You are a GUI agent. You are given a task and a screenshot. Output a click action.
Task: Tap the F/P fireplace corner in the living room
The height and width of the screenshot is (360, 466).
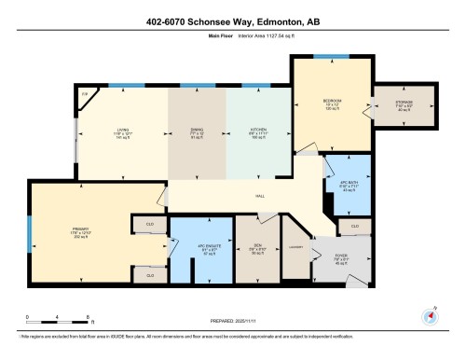point(84,93)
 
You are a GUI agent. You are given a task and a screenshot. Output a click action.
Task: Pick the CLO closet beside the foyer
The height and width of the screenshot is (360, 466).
point(354,226)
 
